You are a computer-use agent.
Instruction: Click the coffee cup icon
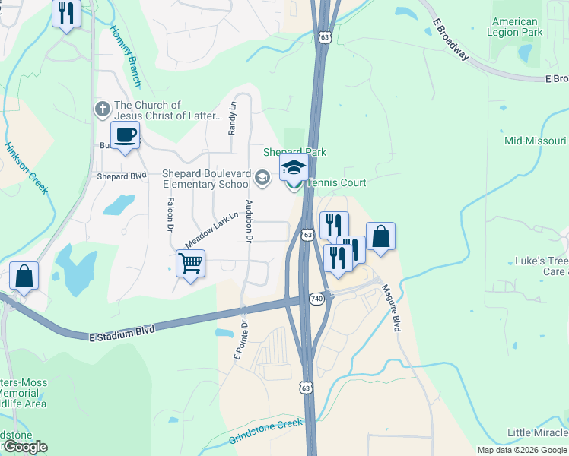pos(126,136)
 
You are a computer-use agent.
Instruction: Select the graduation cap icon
pos(294,168)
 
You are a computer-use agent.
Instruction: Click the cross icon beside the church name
pos(103,109)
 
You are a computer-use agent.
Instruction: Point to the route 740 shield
pos(317,299)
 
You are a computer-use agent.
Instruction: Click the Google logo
pos(24,447)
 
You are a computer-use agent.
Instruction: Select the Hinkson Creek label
pos(27,168)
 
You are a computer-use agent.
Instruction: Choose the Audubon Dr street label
pos(248,221)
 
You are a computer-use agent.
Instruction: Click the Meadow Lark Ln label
pos(206,232)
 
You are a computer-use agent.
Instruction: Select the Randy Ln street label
pos(233,118)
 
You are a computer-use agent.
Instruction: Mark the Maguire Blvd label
pos(391,307)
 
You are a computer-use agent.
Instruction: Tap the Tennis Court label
pos(335,183)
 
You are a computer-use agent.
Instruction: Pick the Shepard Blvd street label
pos(121,176)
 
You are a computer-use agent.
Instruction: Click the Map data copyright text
pos(522,450)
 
